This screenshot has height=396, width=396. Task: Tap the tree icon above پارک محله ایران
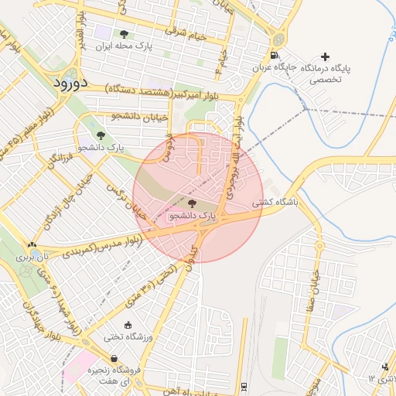pos(124,34)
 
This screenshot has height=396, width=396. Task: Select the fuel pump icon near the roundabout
pos(275,55)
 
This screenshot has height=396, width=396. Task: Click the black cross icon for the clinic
pos(325,56)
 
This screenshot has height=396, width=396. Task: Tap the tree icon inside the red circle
pos(192,203)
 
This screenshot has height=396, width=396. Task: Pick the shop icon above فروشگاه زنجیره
pos(114,358)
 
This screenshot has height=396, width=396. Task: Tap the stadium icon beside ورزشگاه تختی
pos(128,325)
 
